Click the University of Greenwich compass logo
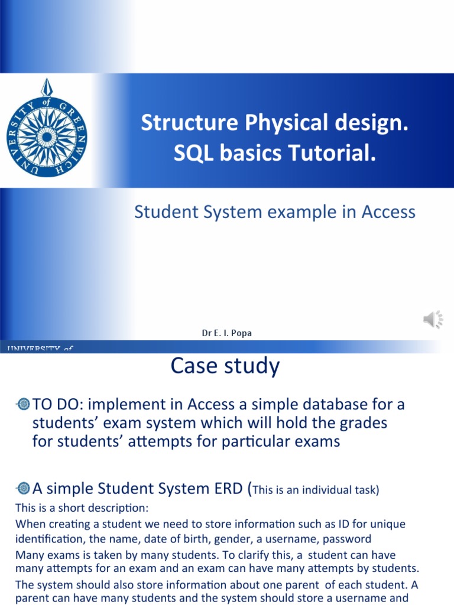pos(46,128)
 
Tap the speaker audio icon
pos(433,320)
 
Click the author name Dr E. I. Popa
pos(226,333)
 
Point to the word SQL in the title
pos(190,154)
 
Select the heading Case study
pos(225,366)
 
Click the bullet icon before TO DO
pos(24,405)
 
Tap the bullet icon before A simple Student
pos(24,488)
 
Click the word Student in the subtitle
pos(166,212)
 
